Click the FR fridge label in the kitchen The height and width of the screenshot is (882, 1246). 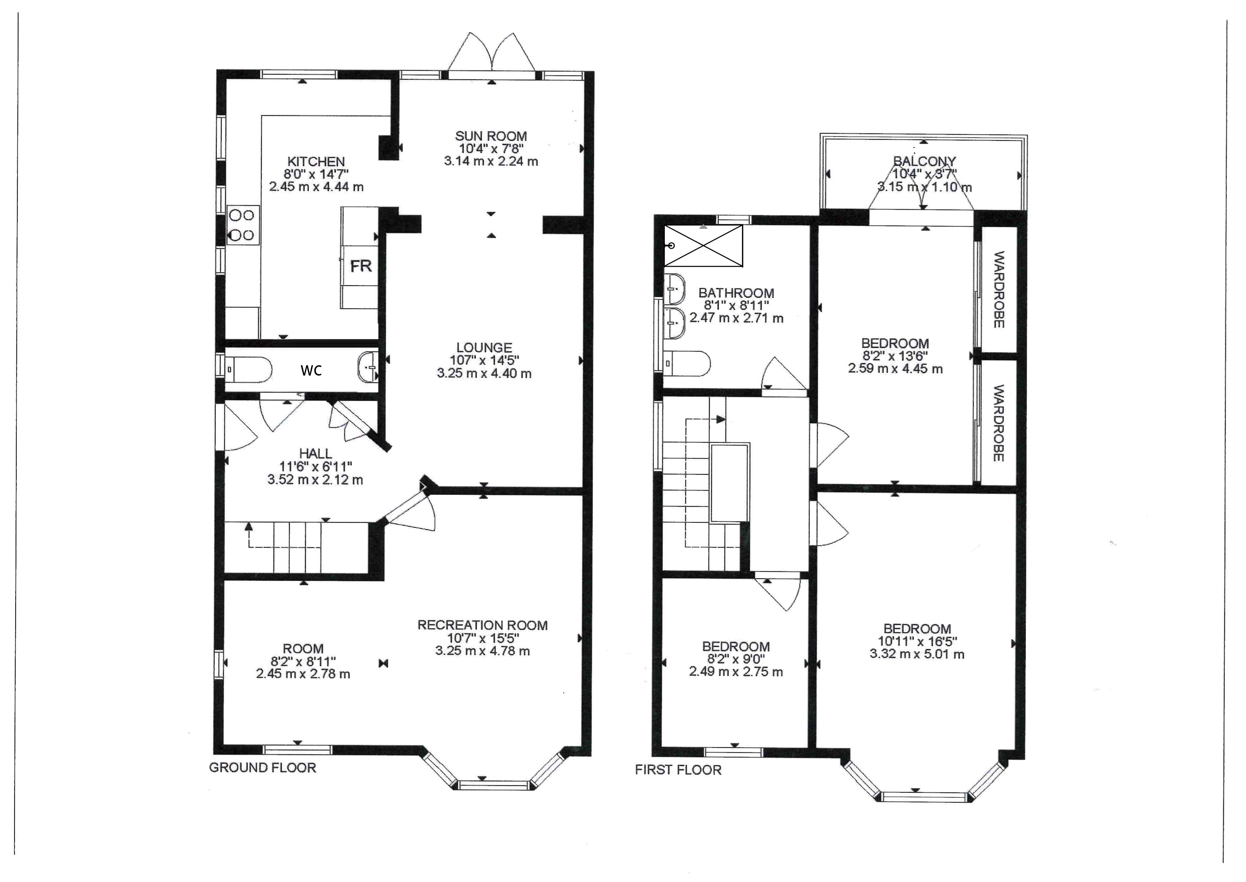pyautogui.click(x=361, y=266)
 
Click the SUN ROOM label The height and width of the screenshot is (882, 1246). pyautogui.click(x=491, y=136)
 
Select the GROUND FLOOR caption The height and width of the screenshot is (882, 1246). pyautogui.click(x=262, y=767)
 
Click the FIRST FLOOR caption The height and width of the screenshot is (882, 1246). pyautogui.click(x=678, y=770)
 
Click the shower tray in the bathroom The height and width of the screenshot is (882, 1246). pyautogui.click(x=703, y=246)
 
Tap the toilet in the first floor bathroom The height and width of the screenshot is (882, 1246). pyautogui.click(x=686, y=363)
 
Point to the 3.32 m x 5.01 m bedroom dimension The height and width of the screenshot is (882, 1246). pyautogui.click(x=917, y=654)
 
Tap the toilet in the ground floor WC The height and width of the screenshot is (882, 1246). pyautogui.click(x=248, y=369)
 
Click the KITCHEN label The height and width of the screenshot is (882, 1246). pyautogui.click(x=316, y=161)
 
